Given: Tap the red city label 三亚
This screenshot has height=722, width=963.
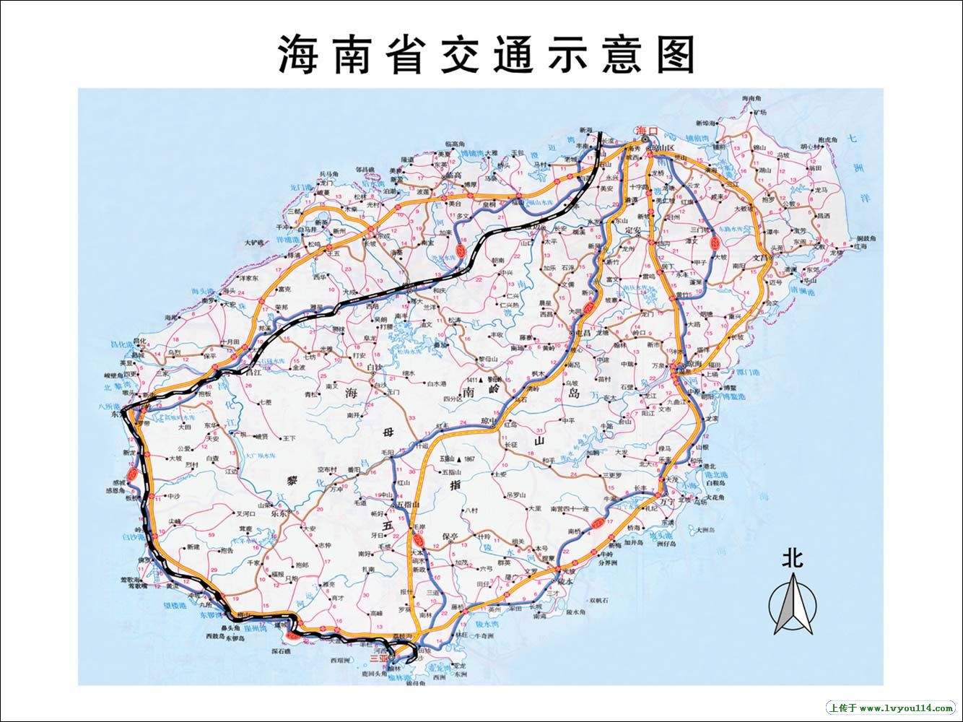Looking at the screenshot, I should click(378, 658).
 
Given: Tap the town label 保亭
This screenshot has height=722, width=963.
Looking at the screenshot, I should click(450, 536).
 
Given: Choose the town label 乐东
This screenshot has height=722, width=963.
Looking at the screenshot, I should click(279, 515).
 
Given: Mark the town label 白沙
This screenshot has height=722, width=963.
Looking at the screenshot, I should click(375, 368).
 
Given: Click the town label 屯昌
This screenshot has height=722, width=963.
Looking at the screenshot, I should click(582, 333).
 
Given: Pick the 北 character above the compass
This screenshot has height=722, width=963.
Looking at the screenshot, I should click(793, 558).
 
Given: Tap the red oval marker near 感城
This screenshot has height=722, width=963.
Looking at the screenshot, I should click(131, 474).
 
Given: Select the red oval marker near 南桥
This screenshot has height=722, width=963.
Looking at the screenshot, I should click(596, 521).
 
